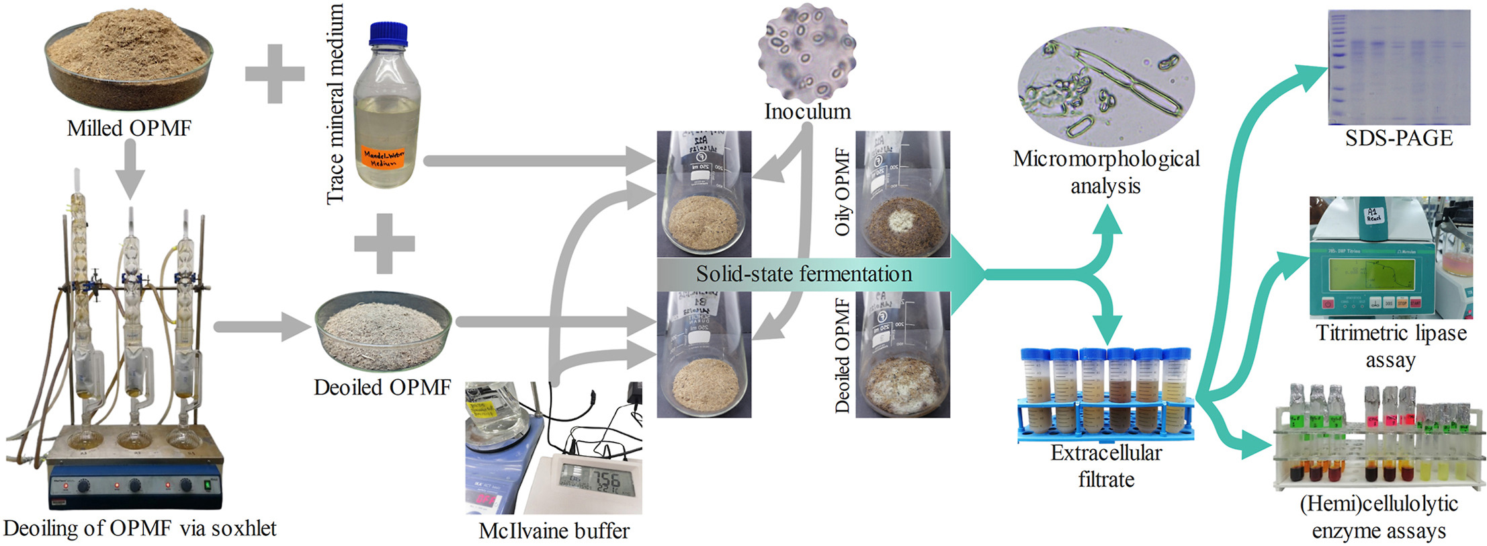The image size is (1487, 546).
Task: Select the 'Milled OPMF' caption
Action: point(129,128)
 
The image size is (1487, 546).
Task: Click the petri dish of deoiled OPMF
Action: point(382,331)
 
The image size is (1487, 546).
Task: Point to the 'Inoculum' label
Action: point(807,112)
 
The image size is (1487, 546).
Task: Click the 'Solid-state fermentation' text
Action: point(804,274)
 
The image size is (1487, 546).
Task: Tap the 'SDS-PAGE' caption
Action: point(1398,139)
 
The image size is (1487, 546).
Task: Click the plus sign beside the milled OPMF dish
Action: point(274,73)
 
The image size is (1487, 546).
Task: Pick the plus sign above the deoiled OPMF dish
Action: point(384,243)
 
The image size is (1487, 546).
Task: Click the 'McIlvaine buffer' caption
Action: point(554,531)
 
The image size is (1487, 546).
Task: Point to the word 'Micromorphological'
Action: point(1106,159)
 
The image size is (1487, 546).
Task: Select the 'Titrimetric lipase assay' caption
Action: point(1391,346)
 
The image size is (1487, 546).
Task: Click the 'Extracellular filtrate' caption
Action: point(1106,466)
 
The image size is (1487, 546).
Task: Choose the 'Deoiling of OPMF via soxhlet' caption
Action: point(140,529)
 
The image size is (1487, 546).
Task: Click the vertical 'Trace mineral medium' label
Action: point(335,104)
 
